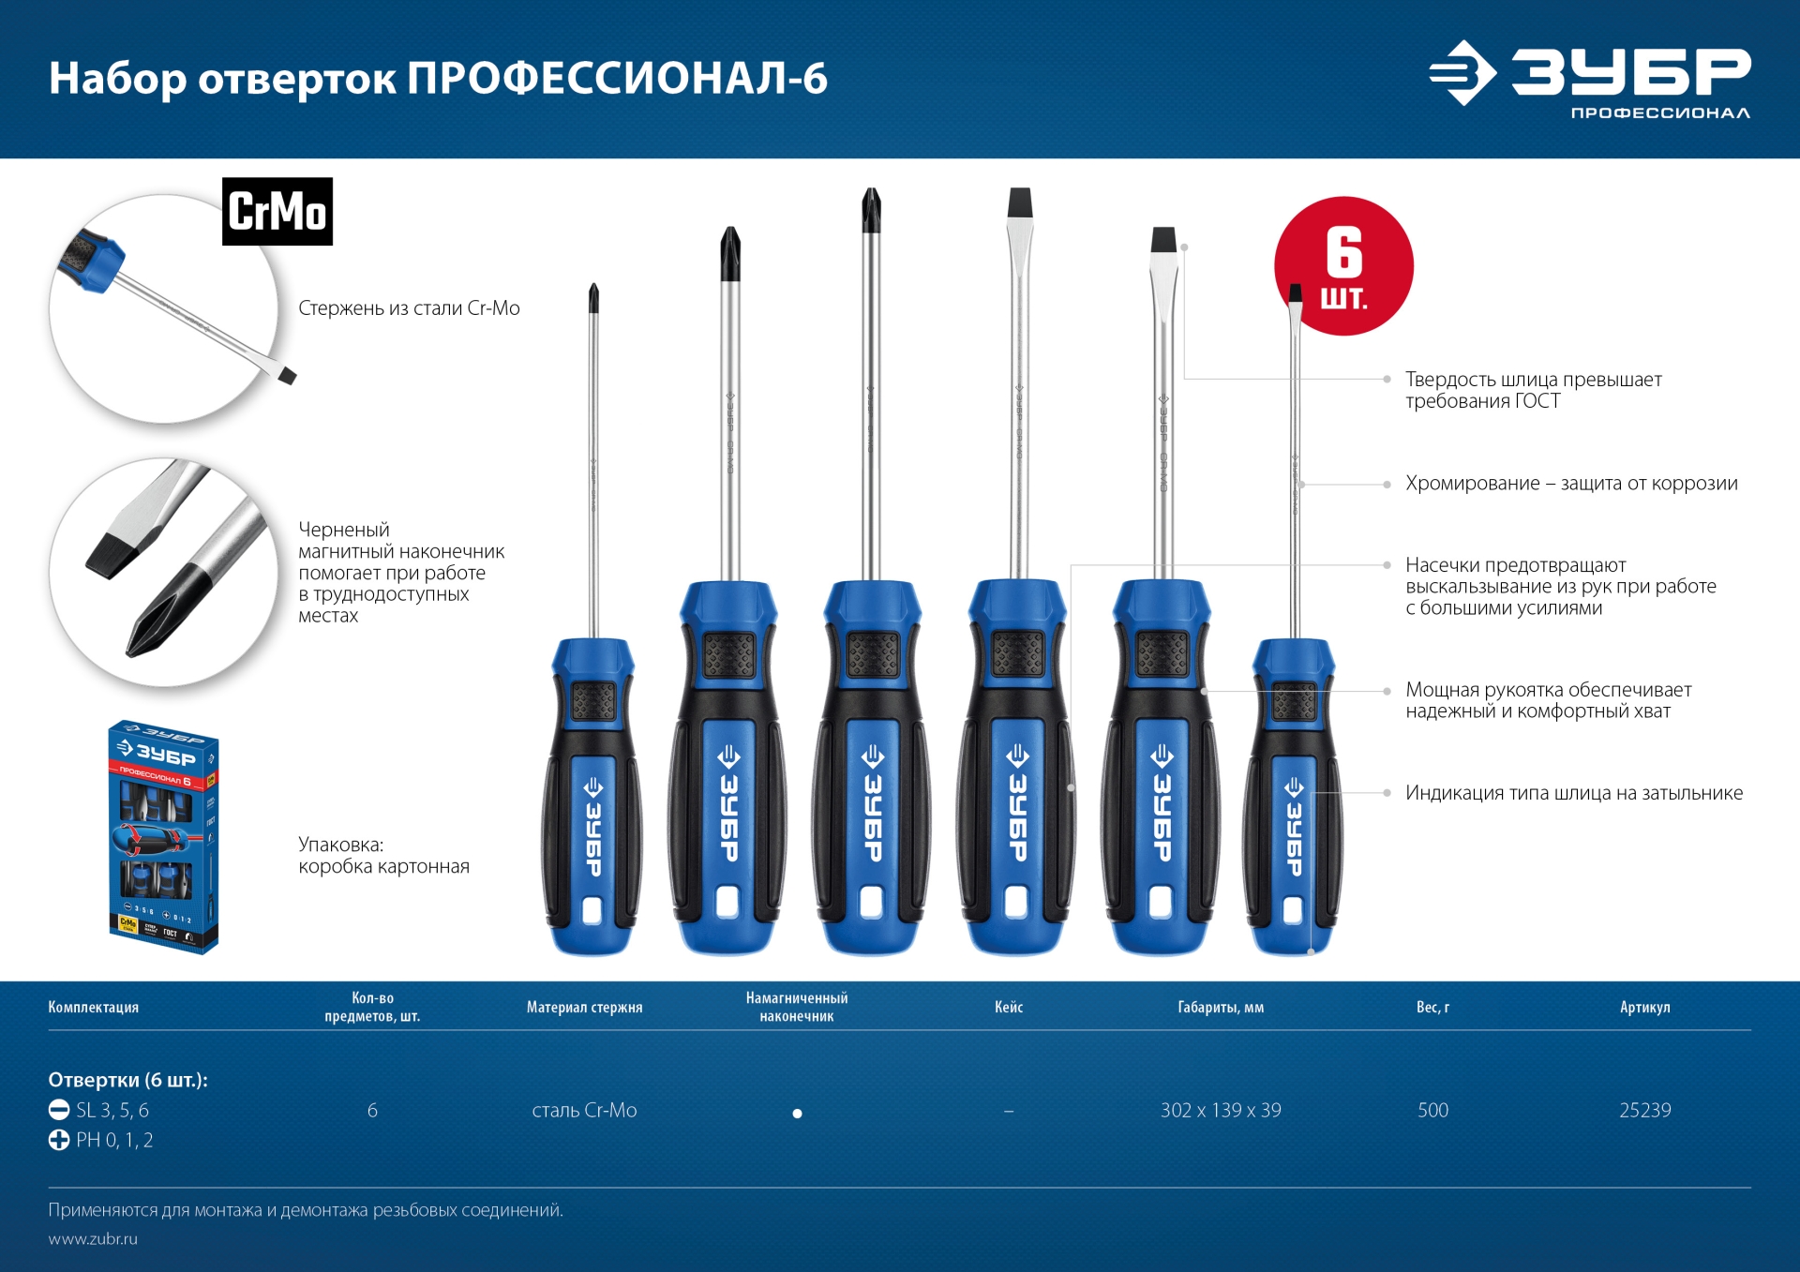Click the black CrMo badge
[x=277, y=212]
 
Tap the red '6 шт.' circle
[x=1343, y=265]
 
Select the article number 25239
[x=1644, y=1111]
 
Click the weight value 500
[x=1432, y=1111]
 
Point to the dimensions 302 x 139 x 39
[x=1221, y=1111]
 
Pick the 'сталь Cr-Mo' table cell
[x=584, y=1111]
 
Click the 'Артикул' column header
[x=1644, y=1008]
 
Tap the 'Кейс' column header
[x=1009, y=1008]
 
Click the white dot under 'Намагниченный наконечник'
[x=797, y=1114]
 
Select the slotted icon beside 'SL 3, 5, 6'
[x=59, y=1111]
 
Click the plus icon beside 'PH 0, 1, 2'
[x=59, y=1141]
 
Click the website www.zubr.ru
[x=93, y=1239]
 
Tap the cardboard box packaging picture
[x=163, y=837]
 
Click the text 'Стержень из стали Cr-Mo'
[x=409, y=308]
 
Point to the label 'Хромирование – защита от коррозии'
[x=1571, y=484]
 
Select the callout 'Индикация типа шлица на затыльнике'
[x=1574, y=793]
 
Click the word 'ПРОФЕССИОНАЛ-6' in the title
[x=617, y=79]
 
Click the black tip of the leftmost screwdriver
[x=593, y=298]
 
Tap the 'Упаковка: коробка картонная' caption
[x=383, y=856]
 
